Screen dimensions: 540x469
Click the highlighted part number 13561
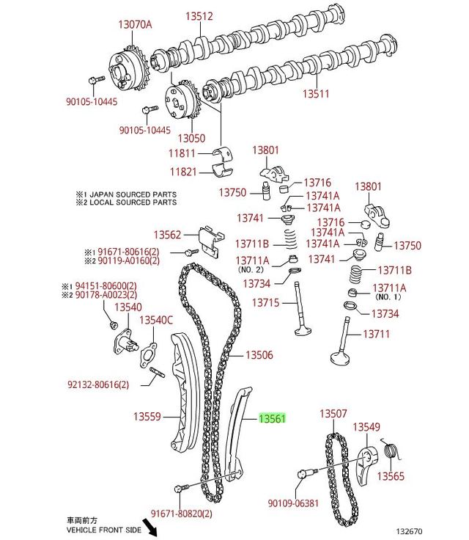click(x=271, y=419)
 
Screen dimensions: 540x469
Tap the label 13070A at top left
click(x=135, y=24)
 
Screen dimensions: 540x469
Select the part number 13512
click(x=199, y=16)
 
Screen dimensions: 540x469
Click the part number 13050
click(x=191, y=138)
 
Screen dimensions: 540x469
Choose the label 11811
click(x=182, y=154)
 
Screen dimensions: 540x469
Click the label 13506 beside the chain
click(x=259, y=355)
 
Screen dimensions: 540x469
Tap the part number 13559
click(x=146, y=416)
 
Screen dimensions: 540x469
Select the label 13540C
click(x=156, y=320)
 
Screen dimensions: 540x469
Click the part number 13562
click(x=166, y=235)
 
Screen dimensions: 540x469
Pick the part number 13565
click(x=391, y=477)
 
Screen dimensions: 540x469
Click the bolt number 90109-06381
click(x=293, y=503)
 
